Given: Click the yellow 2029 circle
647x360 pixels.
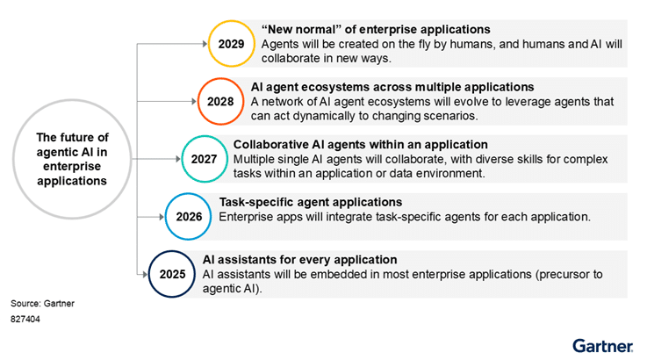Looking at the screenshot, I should [x=231, y=42].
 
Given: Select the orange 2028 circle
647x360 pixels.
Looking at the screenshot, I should [x=220, y=101].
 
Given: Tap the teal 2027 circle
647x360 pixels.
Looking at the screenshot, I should [x=203, y=159].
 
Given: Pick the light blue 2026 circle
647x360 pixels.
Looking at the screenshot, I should [x=188, y=216].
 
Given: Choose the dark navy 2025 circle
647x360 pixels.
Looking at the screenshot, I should [x=172, y=274].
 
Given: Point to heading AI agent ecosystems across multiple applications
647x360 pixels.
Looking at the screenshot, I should [x=392, y=87].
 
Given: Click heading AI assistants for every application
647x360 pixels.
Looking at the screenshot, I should [x=299, y=260].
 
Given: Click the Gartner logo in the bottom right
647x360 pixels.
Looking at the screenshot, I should [x=603, y=344].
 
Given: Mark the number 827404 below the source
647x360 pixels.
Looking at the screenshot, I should [x=25, y=320].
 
